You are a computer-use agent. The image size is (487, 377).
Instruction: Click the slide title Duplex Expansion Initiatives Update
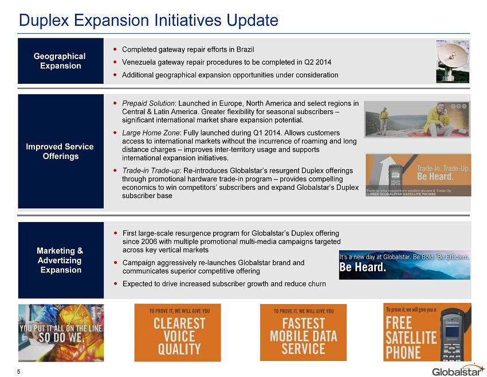click(x=148, y=20)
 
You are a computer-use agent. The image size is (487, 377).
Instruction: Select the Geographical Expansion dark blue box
click(x=61, y=61)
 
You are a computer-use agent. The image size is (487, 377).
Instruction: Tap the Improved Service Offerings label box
click(x=61, y=151)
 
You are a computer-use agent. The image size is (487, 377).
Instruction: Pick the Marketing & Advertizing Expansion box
click(x=61, y=260)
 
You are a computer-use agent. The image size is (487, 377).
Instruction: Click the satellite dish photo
click(x=453, y=61)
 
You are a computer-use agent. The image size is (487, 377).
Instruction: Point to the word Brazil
click(x=245, y=49)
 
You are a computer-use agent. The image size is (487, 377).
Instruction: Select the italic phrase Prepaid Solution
click(x=148, y=103)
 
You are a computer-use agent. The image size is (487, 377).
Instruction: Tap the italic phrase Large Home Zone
click(x=151, y=133)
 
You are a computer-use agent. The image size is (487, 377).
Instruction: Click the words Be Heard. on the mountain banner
click(x=363, y=267)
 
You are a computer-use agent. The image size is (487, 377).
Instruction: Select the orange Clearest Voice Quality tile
click(x=178, y=332)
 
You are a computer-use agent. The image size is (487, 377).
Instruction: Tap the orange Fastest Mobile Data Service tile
click(x=303, y=332)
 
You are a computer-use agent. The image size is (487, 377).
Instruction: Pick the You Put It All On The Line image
click(x=61, y=332)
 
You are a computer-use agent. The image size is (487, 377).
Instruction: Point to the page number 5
click(x=19, y=372)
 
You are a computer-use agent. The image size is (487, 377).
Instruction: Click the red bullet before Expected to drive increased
click(x=116, y=283)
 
